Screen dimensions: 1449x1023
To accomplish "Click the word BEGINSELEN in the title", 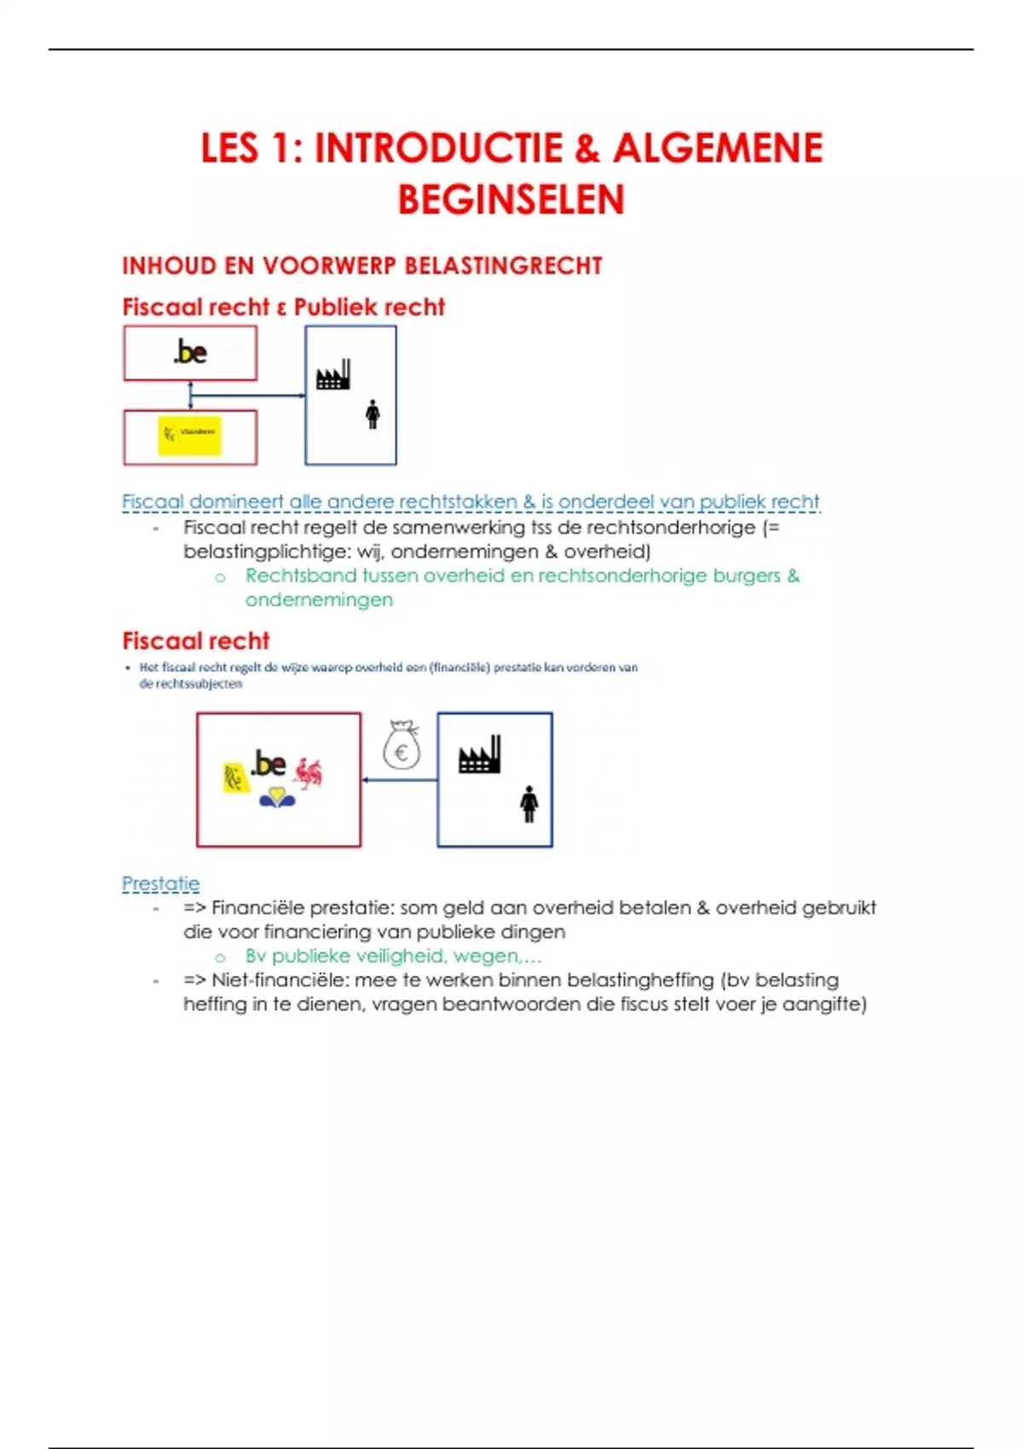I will click(511, 199).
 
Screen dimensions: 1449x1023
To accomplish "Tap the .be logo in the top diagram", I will click(190, 352).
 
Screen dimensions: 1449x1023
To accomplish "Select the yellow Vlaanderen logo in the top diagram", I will click(190, 436).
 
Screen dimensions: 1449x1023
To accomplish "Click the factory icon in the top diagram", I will click(333, 375).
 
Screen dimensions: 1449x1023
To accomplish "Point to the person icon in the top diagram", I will click(373, 414).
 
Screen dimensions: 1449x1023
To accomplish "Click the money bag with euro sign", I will click(402, 746).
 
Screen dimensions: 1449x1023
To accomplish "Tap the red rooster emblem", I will click(308, 772).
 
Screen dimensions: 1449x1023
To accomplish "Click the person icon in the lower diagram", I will click(529, 804).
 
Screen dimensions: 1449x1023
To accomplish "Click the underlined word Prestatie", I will click(161, 884).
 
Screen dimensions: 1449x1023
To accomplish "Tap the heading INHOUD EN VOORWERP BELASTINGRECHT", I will click(362, 266).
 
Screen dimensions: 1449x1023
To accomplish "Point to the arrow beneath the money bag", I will click(399, 779).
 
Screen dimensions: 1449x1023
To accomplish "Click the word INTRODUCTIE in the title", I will click(439, 148).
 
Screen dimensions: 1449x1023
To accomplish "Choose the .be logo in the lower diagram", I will click(269, 763).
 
